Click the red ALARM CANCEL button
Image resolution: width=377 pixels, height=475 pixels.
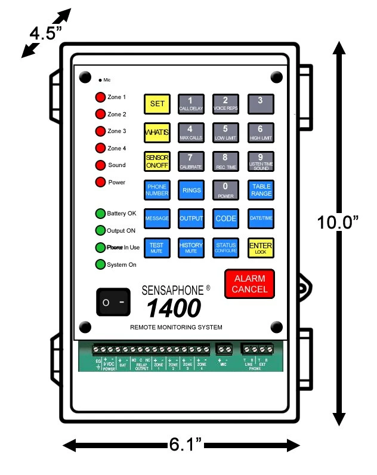(249, 284)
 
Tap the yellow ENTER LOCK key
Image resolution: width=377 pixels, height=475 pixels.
(261, 248)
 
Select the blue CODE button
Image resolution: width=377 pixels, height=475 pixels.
(225, 219)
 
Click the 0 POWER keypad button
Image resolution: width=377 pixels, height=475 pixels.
(225, 190)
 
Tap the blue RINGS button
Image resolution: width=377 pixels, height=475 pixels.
(191, 190)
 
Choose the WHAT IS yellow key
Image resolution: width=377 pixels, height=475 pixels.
(157, 132)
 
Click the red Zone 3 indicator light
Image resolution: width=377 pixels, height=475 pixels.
(100, 131)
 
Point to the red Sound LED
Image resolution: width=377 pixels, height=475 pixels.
(100, 165)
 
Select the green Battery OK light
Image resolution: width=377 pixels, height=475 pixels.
(100, 214)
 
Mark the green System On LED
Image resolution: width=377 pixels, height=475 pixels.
(100, 265)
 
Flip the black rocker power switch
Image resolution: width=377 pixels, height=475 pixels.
(113, 303)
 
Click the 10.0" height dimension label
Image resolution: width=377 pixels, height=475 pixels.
(338, 223)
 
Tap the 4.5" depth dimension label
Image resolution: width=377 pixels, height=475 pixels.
(46, 33)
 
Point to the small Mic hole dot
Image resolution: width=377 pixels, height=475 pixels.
(100, 79)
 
